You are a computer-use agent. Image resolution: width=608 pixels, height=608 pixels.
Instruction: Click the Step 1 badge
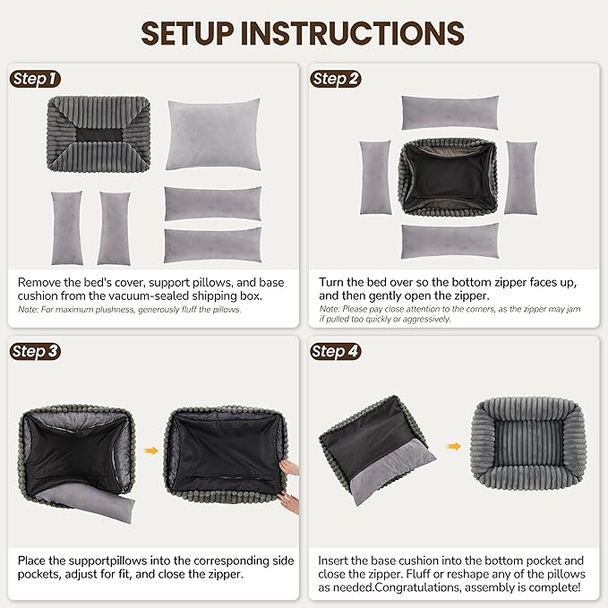35,80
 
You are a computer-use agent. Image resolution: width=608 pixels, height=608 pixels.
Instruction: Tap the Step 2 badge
336,80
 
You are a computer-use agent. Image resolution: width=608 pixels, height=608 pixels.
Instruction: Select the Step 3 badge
35,351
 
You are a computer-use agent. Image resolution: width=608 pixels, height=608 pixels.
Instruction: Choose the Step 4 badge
336,351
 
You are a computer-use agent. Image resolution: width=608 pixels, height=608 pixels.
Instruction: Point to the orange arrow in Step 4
454,445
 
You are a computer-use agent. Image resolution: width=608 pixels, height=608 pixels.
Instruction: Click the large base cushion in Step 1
213,134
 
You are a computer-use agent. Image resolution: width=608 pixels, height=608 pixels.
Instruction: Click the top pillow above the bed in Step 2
450,113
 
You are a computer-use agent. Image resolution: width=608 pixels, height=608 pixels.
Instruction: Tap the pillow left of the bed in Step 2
374,177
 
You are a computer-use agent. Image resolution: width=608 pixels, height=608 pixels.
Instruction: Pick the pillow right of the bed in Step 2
520,177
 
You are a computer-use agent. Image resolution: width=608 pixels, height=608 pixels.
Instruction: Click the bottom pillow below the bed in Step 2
450,241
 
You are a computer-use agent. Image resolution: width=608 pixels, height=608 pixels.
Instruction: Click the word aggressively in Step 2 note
422,319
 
